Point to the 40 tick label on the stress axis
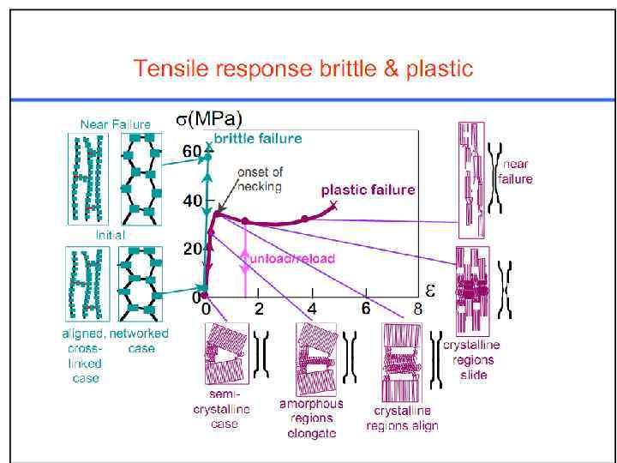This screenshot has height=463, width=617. click(192, 200)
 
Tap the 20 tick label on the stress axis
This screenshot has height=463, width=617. click(192, 249)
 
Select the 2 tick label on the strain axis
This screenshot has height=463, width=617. click(258, 309)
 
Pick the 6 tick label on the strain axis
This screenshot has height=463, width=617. click(366, 309)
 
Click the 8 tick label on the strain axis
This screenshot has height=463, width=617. click(418, 309)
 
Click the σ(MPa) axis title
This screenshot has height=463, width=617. click(209, 119)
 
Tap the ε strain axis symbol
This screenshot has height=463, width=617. click(430, 291)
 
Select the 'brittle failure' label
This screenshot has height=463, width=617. click(258, 137)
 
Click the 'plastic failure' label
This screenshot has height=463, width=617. click(368, 189)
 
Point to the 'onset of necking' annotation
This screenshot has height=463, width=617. click(259, 179)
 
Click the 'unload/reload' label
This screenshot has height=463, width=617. click(291, 257)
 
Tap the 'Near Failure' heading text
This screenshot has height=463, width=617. click(116, 123)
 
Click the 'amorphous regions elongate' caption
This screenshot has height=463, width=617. click(310, 418)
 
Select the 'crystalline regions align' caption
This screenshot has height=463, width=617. click(401, 419)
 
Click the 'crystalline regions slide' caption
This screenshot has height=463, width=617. click(470, 359)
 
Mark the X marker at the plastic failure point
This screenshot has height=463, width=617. click(332, 206)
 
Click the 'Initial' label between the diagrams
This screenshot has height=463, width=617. click(110, 234)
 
